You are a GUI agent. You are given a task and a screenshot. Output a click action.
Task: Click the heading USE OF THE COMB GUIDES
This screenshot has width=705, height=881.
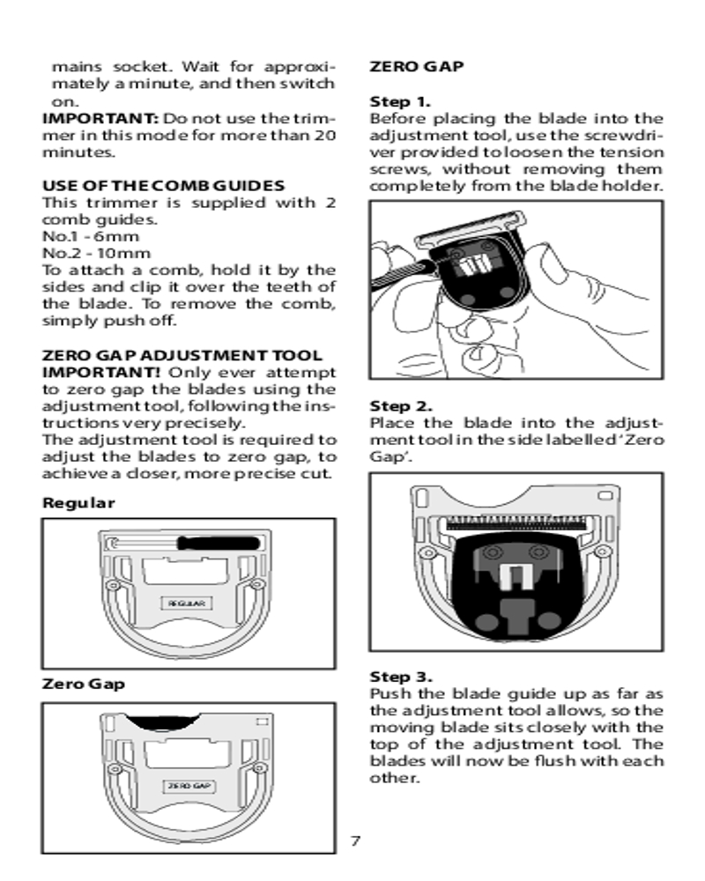tap(164, 186)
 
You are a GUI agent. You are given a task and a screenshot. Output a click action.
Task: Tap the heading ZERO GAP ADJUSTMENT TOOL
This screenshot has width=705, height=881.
tap(182, 355)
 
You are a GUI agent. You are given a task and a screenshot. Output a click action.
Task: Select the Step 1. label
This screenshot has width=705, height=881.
tap(400, 101)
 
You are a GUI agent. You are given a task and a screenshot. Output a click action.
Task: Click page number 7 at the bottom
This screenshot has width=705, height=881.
tap(355, 840)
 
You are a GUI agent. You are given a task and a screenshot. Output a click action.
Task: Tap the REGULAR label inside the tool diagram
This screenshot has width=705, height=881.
tap(187, 603)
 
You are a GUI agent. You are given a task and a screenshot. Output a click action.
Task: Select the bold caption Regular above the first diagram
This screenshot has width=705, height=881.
tap(78, 503)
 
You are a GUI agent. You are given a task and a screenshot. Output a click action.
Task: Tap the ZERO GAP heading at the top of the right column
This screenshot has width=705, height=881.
tap(417, 66)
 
